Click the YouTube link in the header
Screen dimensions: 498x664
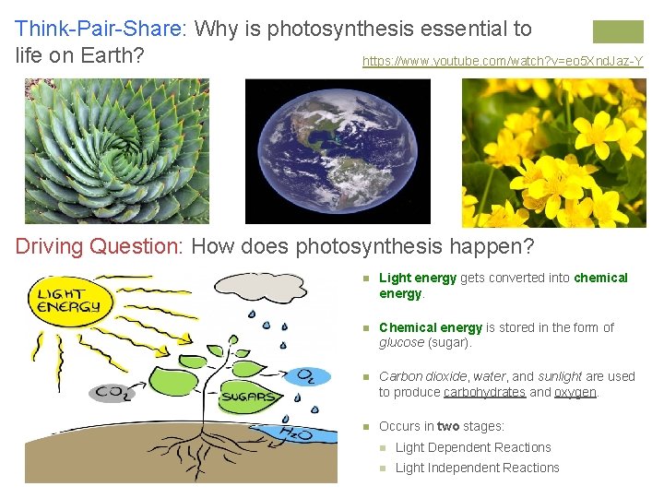503,62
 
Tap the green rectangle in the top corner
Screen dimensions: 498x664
618,31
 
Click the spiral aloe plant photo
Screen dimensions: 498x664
117,151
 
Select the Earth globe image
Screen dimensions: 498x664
338,151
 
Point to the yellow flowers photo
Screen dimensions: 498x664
553,152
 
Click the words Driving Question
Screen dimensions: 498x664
95,247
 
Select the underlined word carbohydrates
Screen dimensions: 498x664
484,392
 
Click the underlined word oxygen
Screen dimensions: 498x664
575,392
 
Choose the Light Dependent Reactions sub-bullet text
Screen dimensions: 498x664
473,447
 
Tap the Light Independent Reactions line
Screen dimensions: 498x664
477,468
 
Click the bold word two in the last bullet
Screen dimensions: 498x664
448,426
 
